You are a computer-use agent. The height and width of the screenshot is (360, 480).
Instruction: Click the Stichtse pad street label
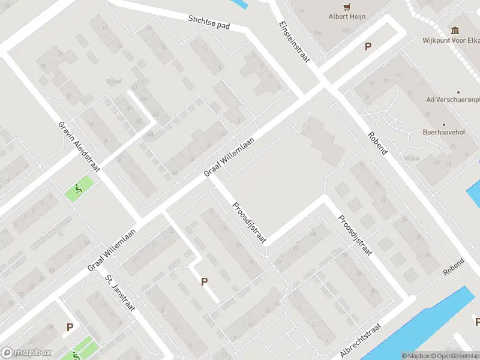click(209, 22)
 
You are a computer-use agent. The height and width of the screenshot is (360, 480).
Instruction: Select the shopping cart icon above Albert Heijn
click(346, 7)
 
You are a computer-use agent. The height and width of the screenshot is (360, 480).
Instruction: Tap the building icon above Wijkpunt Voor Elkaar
click(454, 30)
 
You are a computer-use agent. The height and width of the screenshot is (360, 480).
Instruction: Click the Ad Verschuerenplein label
click(452, 99)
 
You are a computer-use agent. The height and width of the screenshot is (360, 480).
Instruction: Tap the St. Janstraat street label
click(121, 293)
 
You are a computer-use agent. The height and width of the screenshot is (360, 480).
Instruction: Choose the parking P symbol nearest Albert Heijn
click(368, 46)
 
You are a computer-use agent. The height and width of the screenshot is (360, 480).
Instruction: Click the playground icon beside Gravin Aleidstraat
click(79, 190)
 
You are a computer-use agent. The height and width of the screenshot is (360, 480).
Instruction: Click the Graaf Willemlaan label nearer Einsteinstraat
click(230, 157)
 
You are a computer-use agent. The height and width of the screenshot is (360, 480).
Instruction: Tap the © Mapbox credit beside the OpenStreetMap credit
click(416, 356)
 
